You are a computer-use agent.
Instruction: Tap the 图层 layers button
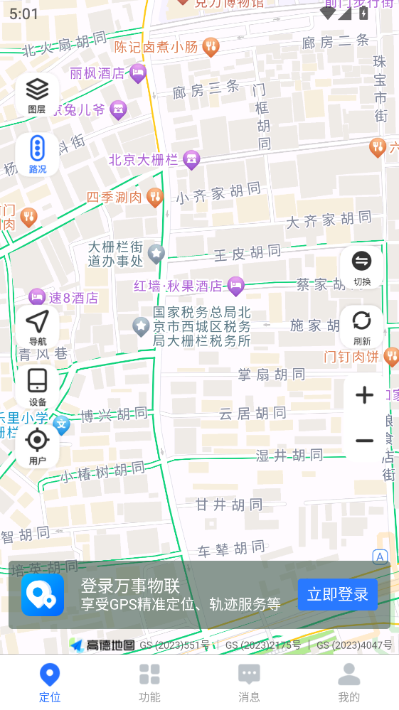pyautogui.click(x=37, y=95)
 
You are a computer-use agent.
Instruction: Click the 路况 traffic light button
pyautogui.click(x=37, y=154)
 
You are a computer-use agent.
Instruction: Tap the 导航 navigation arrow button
pyautogui.click(x=37, y=328)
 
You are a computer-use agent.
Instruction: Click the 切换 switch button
pyautogui.click(x=362, y=267)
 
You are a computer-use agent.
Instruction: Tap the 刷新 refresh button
pyautogui.click(x=362, y=326)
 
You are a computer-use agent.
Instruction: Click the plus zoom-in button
pyautogui.click(x=364, y=395)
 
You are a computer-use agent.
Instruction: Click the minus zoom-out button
pyautogui.click(x=364, y=441)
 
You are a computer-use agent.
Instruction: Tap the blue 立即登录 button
pyautogui.click(x=337, y=594)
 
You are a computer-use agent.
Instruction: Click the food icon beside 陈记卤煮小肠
pyautogui.click(x=211, y=48)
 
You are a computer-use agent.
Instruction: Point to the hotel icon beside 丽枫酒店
pyautogui.click(x=138, y=72)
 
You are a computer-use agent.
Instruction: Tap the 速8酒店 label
pyautogui.click(x=73, y=298)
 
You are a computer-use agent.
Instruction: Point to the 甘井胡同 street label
pyautogui.click(x=229, y=505)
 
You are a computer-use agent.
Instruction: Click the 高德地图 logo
pyautogui.click(x=104, y=645)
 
